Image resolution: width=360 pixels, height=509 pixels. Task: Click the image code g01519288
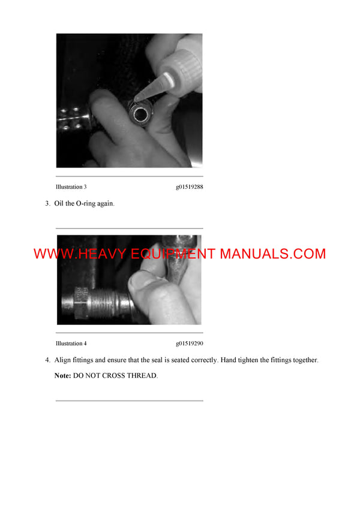[x=190, y=187]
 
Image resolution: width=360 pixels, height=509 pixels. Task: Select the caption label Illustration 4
[x=71, y=344]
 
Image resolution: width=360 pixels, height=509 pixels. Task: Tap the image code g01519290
[x=190, y=344]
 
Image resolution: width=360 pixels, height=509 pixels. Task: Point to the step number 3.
[x=47, y=204]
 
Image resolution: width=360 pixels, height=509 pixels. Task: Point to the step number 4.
[x=47, y=360]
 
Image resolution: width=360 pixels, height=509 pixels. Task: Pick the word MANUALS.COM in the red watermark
[x=272, y=254]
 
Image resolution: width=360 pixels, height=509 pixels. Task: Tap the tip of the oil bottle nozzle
[x=137, y=98]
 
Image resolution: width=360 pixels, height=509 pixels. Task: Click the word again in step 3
[x=104, y=204]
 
